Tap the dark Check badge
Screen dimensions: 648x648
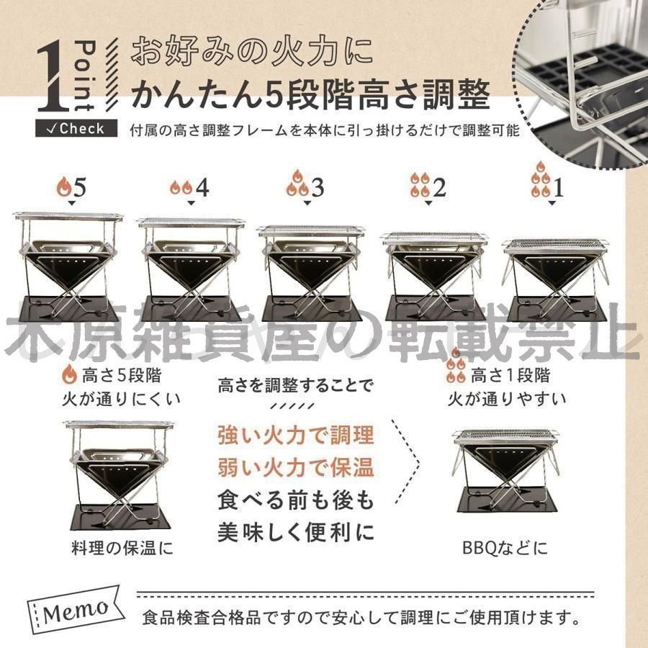(x=76, y=129)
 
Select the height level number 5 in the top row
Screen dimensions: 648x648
(x=79, y=187)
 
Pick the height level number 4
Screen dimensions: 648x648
(x=202, y=188)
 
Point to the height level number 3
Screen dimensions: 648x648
(x=318, y=188)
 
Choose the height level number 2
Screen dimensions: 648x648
(x=439, y=187)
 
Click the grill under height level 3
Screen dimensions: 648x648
(x=311, y=274)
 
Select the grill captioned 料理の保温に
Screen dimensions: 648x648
(x=119, y=475)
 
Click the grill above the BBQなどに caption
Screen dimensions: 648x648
(x=506, y=471)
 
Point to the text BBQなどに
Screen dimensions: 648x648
(x=505, y=548)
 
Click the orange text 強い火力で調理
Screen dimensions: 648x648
(x=296, y=436)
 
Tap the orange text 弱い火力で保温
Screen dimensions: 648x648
(x=296, y=468)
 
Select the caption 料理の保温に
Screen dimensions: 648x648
(x=122, y=548)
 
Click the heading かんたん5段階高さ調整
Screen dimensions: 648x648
(x=311, y=94)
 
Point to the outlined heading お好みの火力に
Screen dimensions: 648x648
(x=252, y=51)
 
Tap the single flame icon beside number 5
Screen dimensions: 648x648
(x=64, y=186)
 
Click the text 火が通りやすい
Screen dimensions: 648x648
(x=507, y=399)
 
